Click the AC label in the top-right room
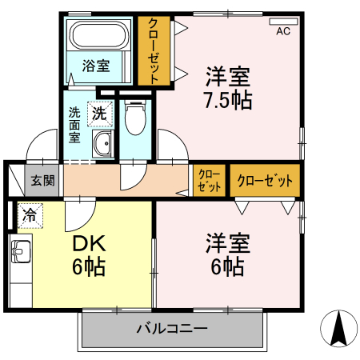pyautogui.click(x=282, y=32)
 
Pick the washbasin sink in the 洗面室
pyautogui.click(x=102, y=145)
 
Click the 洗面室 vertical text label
pyautogui.click(x=74, y=125)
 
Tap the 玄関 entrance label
pyautogui.click(x=42, y=180)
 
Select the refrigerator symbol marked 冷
pyautogui.click(x=30, y=214)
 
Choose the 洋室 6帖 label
pyautogui.click(x=228, y=254)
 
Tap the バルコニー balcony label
pyautogui.click(x=171, y=328)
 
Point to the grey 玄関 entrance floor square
pyautogui.click(x=43, y=180)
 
